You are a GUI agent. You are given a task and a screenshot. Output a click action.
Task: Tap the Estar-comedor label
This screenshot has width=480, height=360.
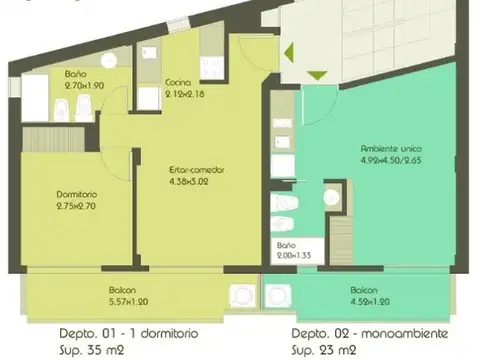pos(195,170)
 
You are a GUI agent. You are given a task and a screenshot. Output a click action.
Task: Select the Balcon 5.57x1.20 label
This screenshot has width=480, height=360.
pos(127,295)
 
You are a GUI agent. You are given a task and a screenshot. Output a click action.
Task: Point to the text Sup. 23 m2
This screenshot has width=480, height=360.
pos(322,349)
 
